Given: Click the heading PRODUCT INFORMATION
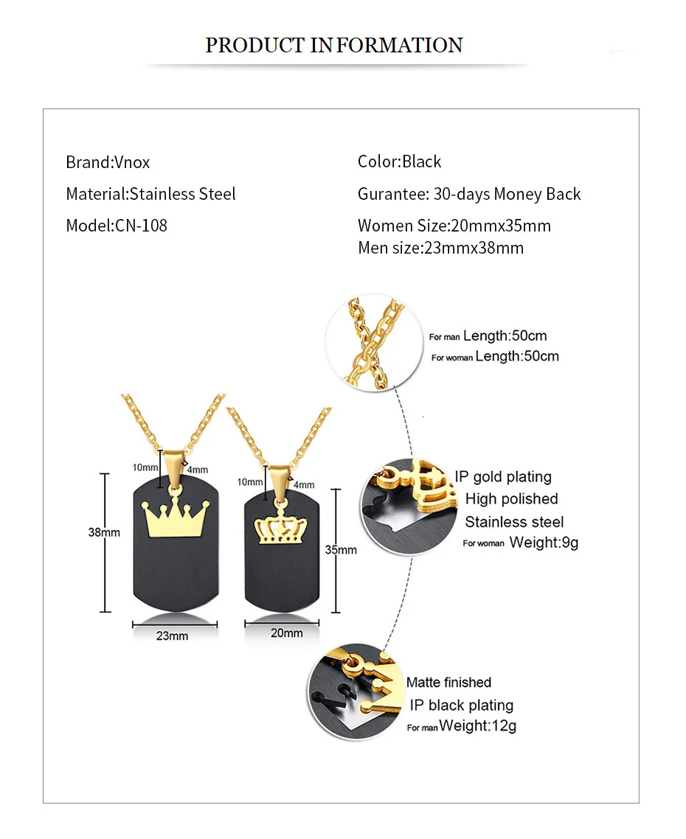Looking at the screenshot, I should point(333,45).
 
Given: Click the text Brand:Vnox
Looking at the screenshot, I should point(108,162).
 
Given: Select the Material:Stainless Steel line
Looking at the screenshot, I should point(150,194).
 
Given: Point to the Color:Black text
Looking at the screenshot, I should point(399,161).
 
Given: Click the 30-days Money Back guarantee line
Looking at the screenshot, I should point(469,194).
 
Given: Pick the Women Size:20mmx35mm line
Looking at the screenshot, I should point(454,226).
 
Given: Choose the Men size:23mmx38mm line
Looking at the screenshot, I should point(440,248).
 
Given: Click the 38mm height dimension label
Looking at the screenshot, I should point(104,532).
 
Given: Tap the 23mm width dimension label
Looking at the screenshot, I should point(172,636).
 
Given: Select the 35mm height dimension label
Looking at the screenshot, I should point(341,549).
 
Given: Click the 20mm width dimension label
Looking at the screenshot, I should point(286,633).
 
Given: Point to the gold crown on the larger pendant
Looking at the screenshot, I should point(176,518).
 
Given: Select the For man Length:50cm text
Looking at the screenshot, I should point(488,336).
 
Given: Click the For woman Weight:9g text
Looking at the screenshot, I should point(520,543).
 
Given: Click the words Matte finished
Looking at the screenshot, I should point(448,683).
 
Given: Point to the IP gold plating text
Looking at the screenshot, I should point(502,477).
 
